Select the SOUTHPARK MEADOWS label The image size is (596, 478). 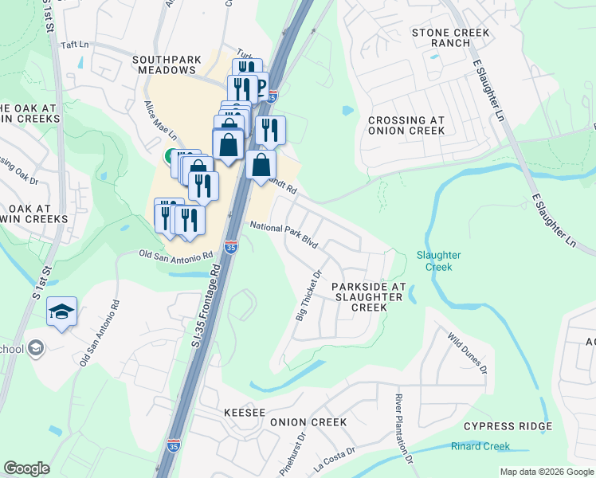coord(164,65)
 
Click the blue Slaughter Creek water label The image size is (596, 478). coord(438,261)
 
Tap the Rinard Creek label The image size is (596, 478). coord(480,446)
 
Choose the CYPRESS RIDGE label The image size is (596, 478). coord(503,427)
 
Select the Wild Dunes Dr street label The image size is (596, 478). coord(468,353)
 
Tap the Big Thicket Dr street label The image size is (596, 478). coord(308,296)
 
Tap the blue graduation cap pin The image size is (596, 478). coord(61,312)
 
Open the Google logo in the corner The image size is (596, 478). coord(26,468)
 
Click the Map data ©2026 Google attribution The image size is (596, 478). coord(546,472)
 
